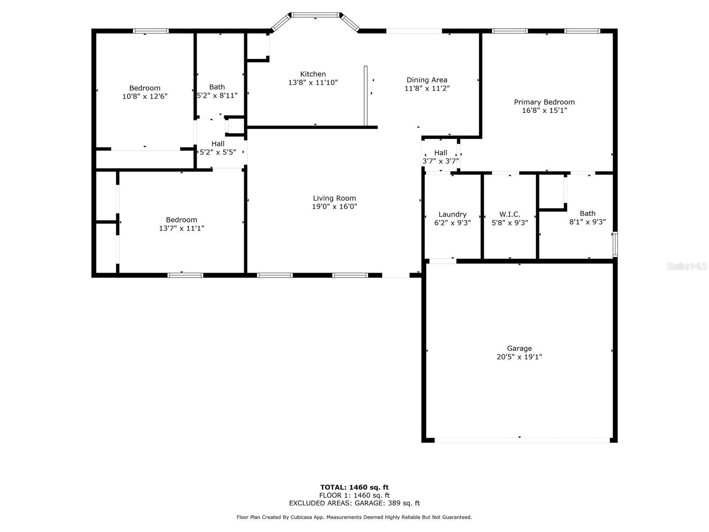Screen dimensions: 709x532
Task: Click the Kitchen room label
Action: [x=313, y=74]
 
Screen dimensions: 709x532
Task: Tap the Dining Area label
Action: [x=427, y=80]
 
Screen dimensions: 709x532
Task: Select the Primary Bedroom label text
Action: [x=544, y=102]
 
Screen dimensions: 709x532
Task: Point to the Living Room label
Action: [x=334, y=198]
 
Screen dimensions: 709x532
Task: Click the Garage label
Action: [x=519, y=348]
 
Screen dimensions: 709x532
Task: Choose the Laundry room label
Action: [x=452, y=215]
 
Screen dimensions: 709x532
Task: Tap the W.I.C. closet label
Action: [x=510, y=214]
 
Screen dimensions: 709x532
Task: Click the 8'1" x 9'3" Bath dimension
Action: [x=587, y=222]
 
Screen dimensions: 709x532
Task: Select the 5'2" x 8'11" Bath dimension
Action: [x=217, y=95]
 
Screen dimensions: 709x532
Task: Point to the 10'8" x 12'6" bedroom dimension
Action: [x=145, y=96]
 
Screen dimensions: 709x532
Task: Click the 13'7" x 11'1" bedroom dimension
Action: [x=182, y=228]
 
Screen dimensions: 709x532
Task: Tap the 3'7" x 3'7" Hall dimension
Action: [x=440, y=161]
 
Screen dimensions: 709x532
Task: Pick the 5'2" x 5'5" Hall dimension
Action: [x=218, y=152]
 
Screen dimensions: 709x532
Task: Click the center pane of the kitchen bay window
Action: [x=315, y=15]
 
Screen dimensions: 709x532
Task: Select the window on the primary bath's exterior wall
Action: [x=615, y=244]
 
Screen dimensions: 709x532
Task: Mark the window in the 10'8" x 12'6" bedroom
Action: [x=151, y=31]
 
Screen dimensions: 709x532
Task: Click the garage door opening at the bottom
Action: [x=522, y=440]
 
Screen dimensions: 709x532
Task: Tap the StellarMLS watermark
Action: [x=687, y=266]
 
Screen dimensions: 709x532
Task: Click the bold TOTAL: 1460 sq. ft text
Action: [x=354, y=487]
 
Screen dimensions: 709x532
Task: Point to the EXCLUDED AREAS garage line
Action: [x=354, y=503]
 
